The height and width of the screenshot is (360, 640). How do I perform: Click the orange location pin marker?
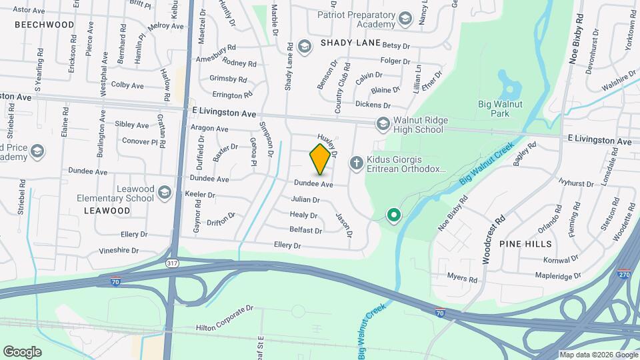320,159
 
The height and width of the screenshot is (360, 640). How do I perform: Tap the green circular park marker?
394,215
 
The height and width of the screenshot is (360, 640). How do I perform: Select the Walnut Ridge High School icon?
383,123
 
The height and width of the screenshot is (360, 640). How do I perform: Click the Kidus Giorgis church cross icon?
357,162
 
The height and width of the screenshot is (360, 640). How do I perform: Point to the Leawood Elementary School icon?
164,193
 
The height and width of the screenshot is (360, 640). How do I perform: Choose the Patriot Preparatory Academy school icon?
405,17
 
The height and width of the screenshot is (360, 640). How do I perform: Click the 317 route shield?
173,264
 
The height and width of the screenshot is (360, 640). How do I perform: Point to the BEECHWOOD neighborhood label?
44,24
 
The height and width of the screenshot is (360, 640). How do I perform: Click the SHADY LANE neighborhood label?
350,43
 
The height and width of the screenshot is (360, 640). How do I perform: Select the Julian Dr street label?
306,199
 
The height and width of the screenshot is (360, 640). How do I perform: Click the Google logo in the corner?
22,351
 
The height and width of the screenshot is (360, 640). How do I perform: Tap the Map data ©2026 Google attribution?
597,355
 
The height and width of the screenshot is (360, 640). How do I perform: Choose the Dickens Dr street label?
373,105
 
